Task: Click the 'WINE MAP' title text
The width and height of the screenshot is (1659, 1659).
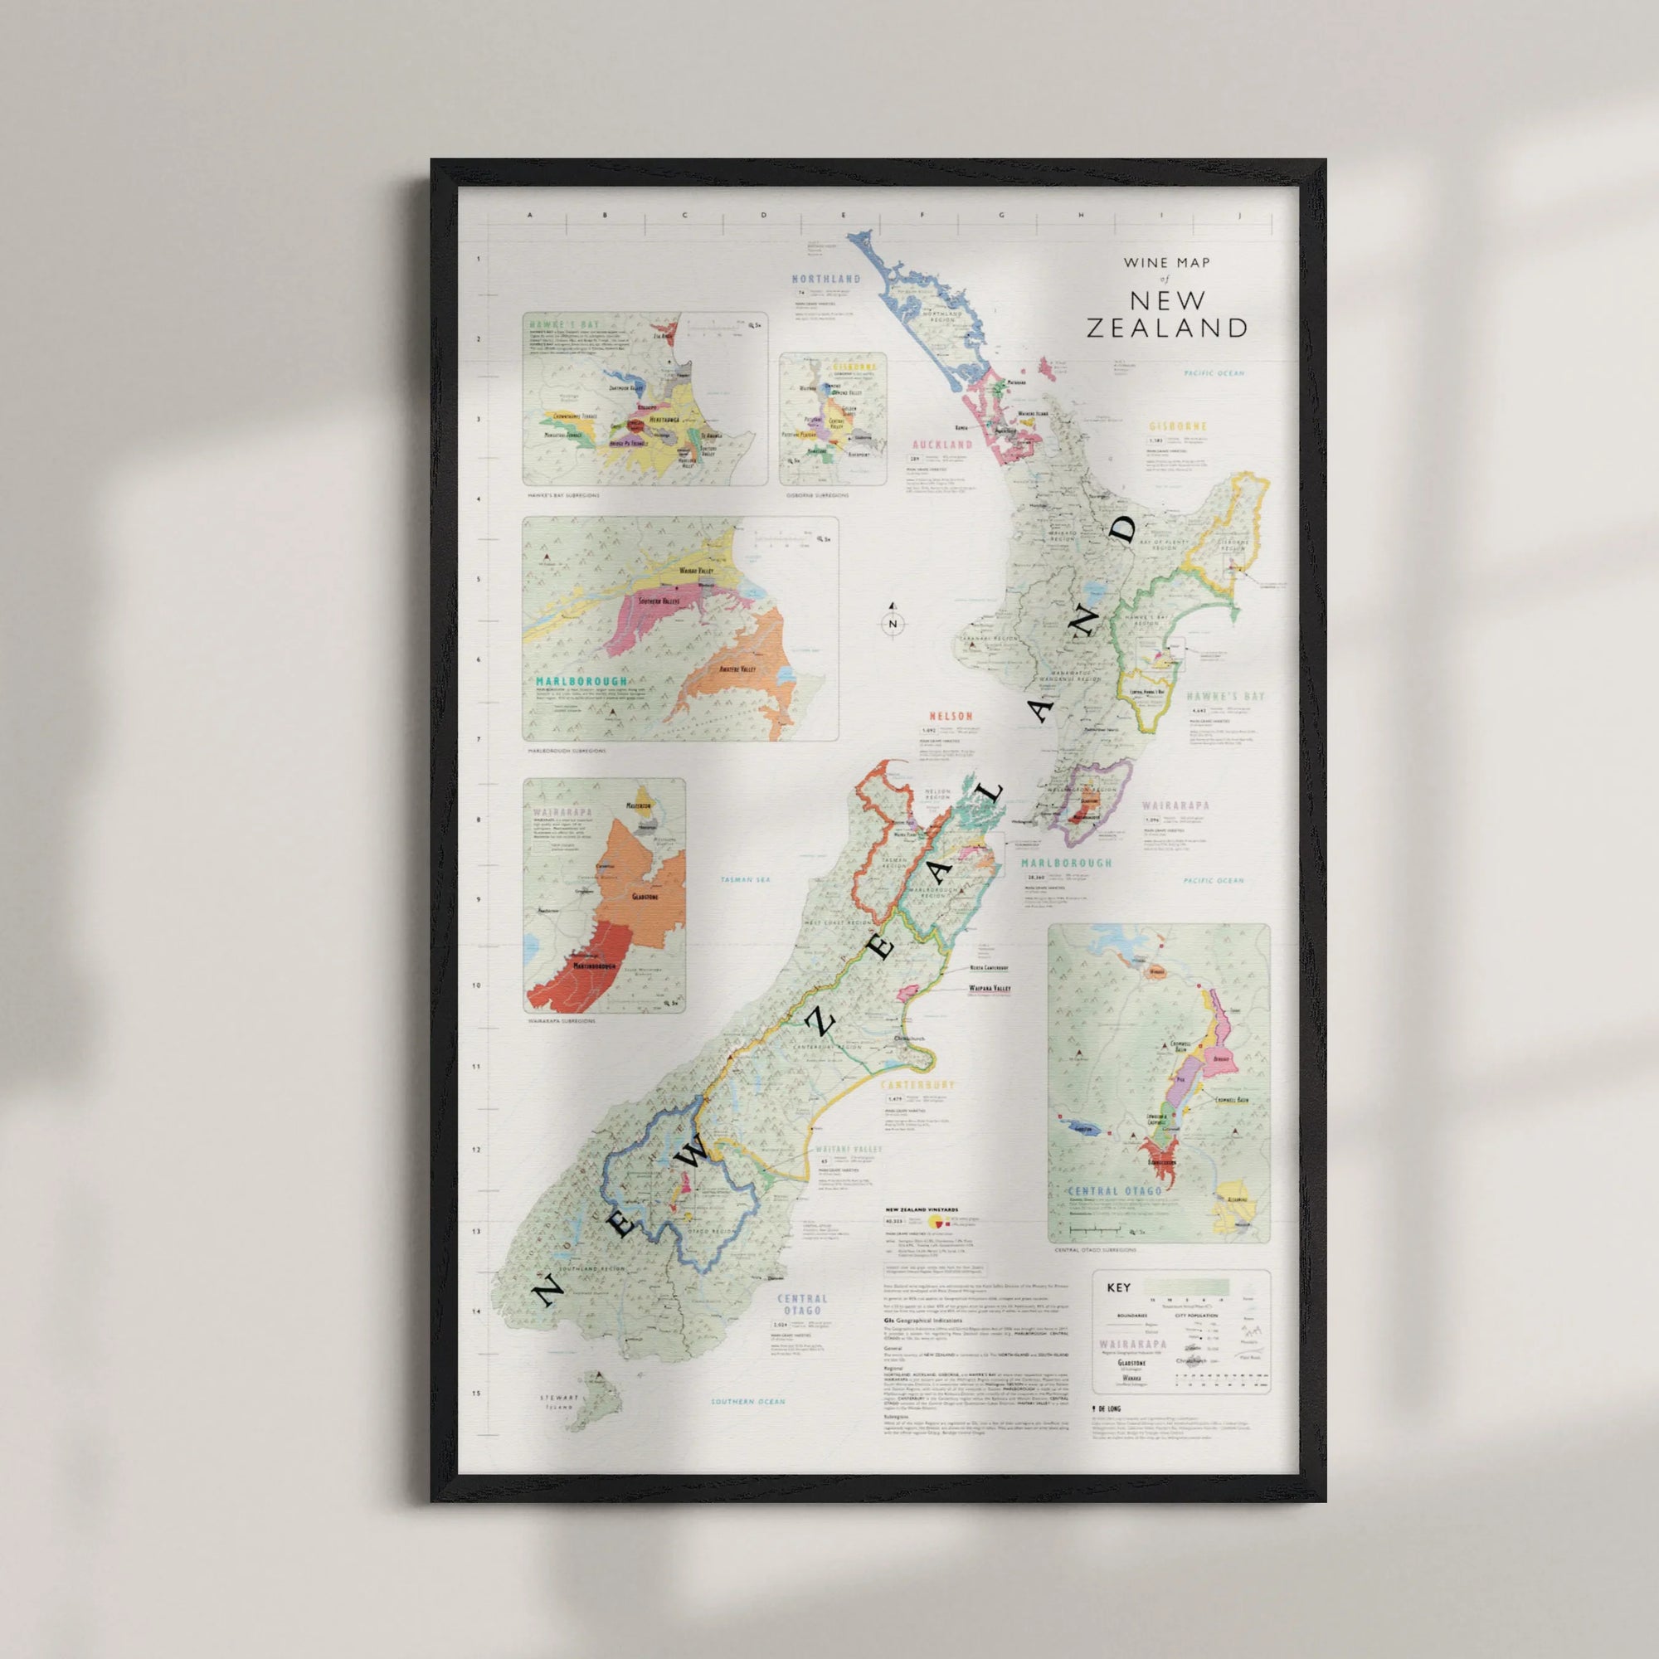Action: [x=1167, y=263]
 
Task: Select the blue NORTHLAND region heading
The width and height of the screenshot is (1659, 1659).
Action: [x=825, y=279]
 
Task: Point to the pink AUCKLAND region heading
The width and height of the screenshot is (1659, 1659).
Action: [x=942, y=445]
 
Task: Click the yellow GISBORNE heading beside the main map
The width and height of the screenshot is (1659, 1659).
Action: [x=1178, y=426]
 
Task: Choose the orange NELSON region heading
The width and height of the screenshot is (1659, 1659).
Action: [x=951, y=716]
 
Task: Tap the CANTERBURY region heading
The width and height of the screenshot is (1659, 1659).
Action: [x=917, y=1085]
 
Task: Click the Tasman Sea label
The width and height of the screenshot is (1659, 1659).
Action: [x=746, y=880]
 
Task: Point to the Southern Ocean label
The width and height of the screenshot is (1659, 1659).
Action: [x=748, y=1402]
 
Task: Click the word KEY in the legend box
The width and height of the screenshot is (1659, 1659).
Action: [x=1119, y=1288]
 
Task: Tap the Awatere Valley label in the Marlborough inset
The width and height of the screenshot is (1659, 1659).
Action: [x=737, y=668]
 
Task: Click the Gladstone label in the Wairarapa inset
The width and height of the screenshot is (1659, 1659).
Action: [x=644, y=897]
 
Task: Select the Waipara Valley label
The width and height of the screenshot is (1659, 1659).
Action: [x=990, y=989]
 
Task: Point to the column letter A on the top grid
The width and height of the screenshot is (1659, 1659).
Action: [x=529, y=216]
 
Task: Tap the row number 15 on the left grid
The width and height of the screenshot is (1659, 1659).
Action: [x=477, y=1394]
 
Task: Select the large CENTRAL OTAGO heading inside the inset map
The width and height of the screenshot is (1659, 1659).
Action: [x=1115, y=1191]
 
